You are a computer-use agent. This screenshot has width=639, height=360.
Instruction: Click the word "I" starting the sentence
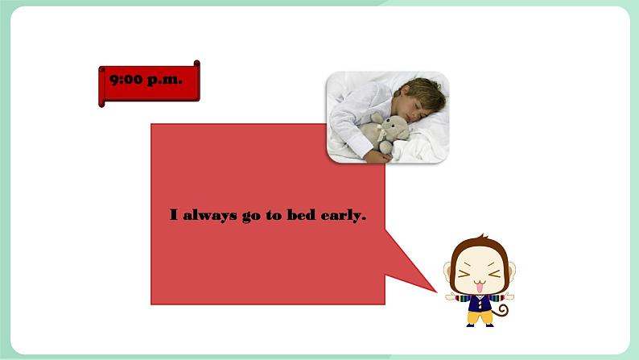click(173, 216)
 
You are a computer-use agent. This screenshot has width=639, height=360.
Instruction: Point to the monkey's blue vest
click(480, 302)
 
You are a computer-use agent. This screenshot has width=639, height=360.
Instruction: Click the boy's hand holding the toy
click(374, 153)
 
